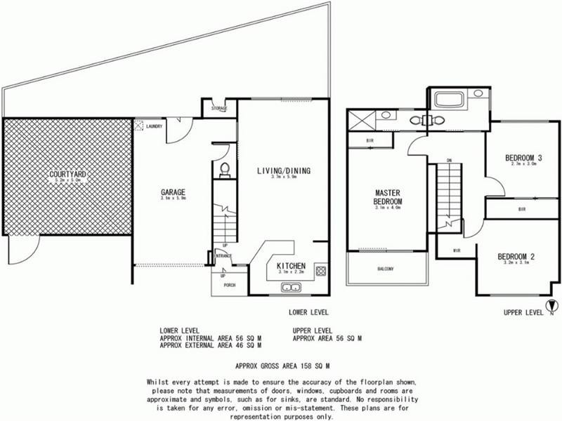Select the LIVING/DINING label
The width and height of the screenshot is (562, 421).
[x=283, y=171]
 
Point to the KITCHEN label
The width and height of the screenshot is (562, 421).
[x=290, y=266]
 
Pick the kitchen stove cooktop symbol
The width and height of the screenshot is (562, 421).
[x=321, y=271]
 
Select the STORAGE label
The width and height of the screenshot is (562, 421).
[x=219, y=109]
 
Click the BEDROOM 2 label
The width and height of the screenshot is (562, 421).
[x=516, y=256]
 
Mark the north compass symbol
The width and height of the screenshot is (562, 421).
[x=551, y=306]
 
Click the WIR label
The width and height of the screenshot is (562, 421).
[x=457, y=249]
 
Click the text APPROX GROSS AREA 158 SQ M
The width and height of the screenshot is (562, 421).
[x=283, y=366]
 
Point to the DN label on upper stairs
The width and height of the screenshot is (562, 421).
[x=448, y=161]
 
